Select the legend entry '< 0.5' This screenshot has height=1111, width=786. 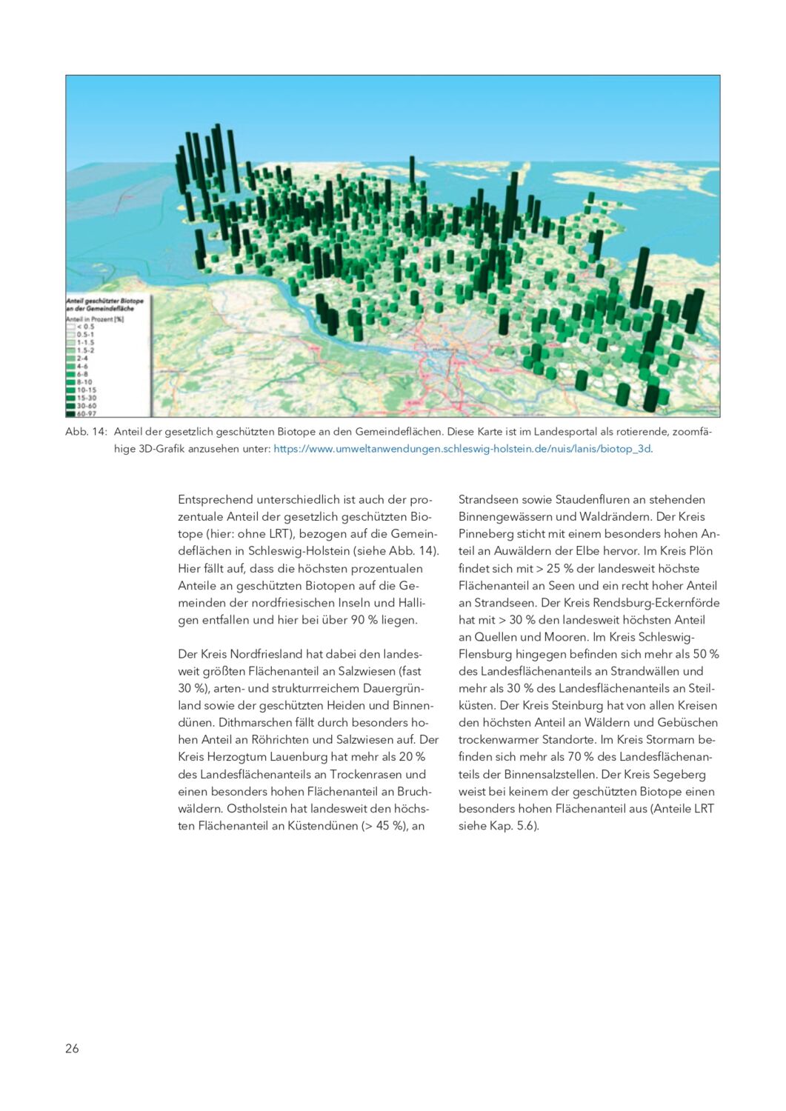tap(85, 327)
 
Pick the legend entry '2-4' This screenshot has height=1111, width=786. tap(82, 358)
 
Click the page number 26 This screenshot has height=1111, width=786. tap(72, 1048)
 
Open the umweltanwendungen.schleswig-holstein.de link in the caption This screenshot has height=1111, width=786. tap(462, 449)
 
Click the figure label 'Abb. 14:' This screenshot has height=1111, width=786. tap(86, 432)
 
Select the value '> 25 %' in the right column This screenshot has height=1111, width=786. tap(557, 569)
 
